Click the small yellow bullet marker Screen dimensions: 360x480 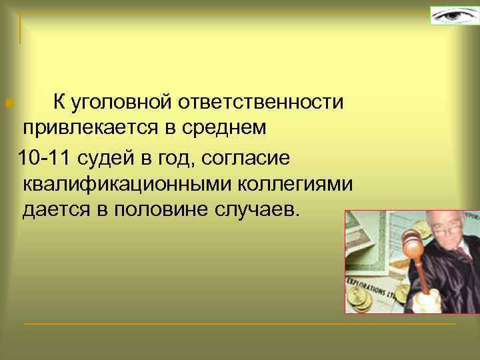(x=7, y=103)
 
